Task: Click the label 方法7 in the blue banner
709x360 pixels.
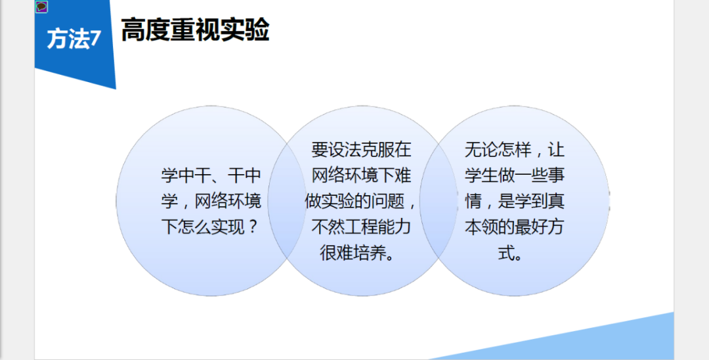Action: pyautogui.click(x=74, y=39)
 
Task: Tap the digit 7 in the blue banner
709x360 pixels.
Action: pyautogui.click(x=95, y=39)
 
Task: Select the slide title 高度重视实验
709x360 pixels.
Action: pyautogui.click(x=195, y=30)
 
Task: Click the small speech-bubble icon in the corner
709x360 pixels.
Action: pyautogui.click(x=41, y=7)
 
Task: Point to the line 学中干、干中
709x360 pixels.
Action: pyautogui.click(x=211, y=175)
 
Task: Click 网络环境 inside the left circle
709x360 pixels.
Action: pyautogui.click(x=228, y=201)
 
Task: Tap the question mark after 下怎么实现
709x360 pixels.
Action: pyautogui.click(x=253, y=227)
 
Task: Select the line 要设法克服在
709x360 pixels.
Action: pyautogui.click(x=361, y=150)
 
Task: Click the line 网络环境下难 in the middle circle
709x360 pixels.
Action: pyautogui.click(x=361, y=175)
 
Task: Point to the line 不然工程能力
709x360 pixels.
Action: pyautogui.click(x=361, y=227)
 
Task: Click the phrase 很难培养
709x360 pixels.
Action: pyautogui.click(x=351, y=254)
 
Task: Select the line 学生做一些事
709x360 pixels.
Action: pyautogui.click(x=515, y=175)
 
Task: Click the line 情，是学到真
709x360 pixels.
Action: pyautogui.click(x=515, y=201)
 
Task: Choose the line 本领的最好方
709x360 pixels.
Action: pyautogui.click(x=515, y=227)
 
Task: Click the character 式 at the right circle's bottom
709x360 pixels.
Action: pyautogui.click(x=506, y=254)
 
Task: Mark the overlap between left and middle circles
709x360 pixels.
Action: pyautogui.click(x=287, y=201)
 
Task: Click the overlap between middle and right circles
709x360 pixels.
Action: pyautogui.click(x=439, y=201)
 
